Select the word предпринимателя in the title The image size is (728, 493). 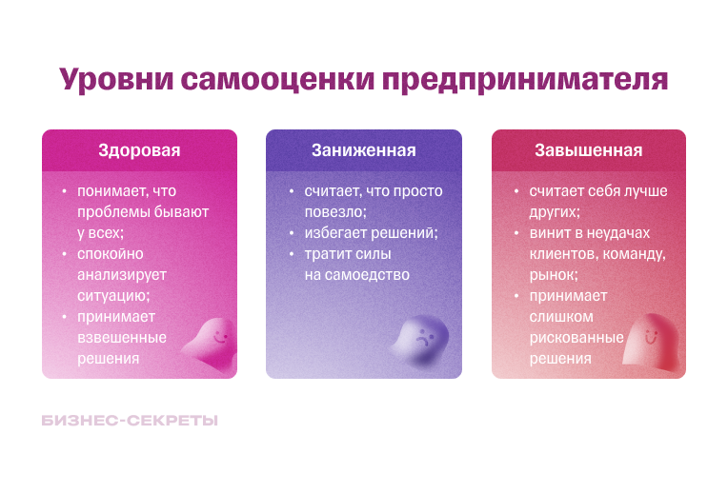click(524, 79)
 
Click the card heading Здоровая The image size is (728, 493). click(139, 150)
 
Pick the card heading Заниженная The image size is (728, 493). click(363, 150)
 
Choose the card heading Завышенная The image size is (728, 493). click(588, 150)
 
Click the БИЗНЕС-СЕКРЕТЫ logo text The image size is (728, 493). click(130, 420)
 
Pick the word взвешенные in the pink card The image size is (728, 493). click(122, 338)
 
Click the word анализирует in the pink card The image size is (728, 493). click(122, 275)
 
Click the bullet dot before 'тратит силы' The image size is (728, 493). click(293, 255)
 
